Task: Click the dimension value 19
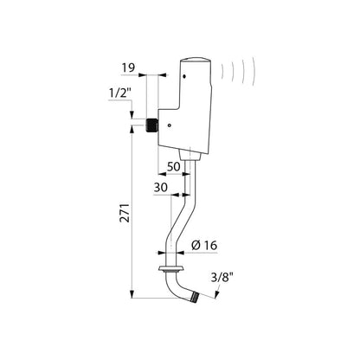click(128, 68)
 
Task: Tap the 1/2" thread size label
click(120, 93)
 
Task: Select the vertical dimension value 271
click(125, 213)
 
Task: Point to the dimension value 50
click(174, 166)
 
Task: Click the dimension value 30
click(160, 188)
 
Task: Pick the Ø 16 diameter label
click(204, 245)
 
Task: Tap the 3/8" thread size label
click(222, 278)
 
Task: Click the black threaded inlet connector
click(152, 125)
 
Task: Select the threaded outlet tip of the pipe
click(195, 297)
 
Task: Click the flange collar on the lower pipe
click(170, 269)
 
